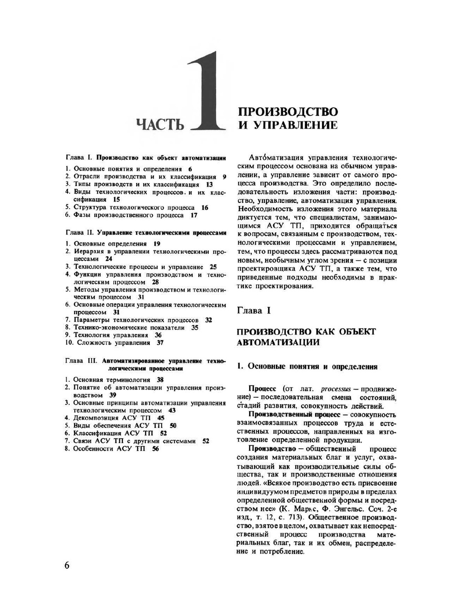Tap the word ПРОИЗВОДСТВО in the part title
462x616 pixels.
287,112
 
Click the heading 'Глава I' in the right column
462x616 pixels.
254,311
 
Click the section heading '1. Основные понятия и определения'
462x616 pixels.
307,366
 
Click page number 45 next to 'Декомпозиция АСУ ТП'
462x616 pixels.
161,418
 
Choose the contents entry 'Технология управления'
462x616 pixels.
111,335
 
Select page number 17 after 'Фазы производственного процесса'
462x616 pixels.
194,215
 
